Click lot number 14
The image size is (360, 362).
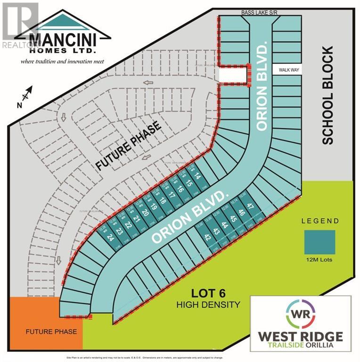coord(197,177)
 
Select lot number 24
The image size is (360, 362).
coord(111,237)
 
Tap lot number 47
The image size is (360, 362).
coord(250,205)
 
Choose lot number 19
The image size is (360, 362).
coord(153,206)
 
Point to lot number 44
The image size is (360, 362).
coord(224,225)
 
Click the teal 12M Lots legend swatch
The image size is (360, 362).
coord(319,242)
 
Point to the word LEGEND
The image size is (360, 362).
coord(319,221)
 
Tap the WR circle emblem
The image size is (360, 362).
coord(300,314)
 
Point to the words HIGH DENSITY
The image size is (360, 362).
coord(208,304)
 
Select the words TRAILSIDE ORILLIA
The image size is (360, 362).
coord(300,347)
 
